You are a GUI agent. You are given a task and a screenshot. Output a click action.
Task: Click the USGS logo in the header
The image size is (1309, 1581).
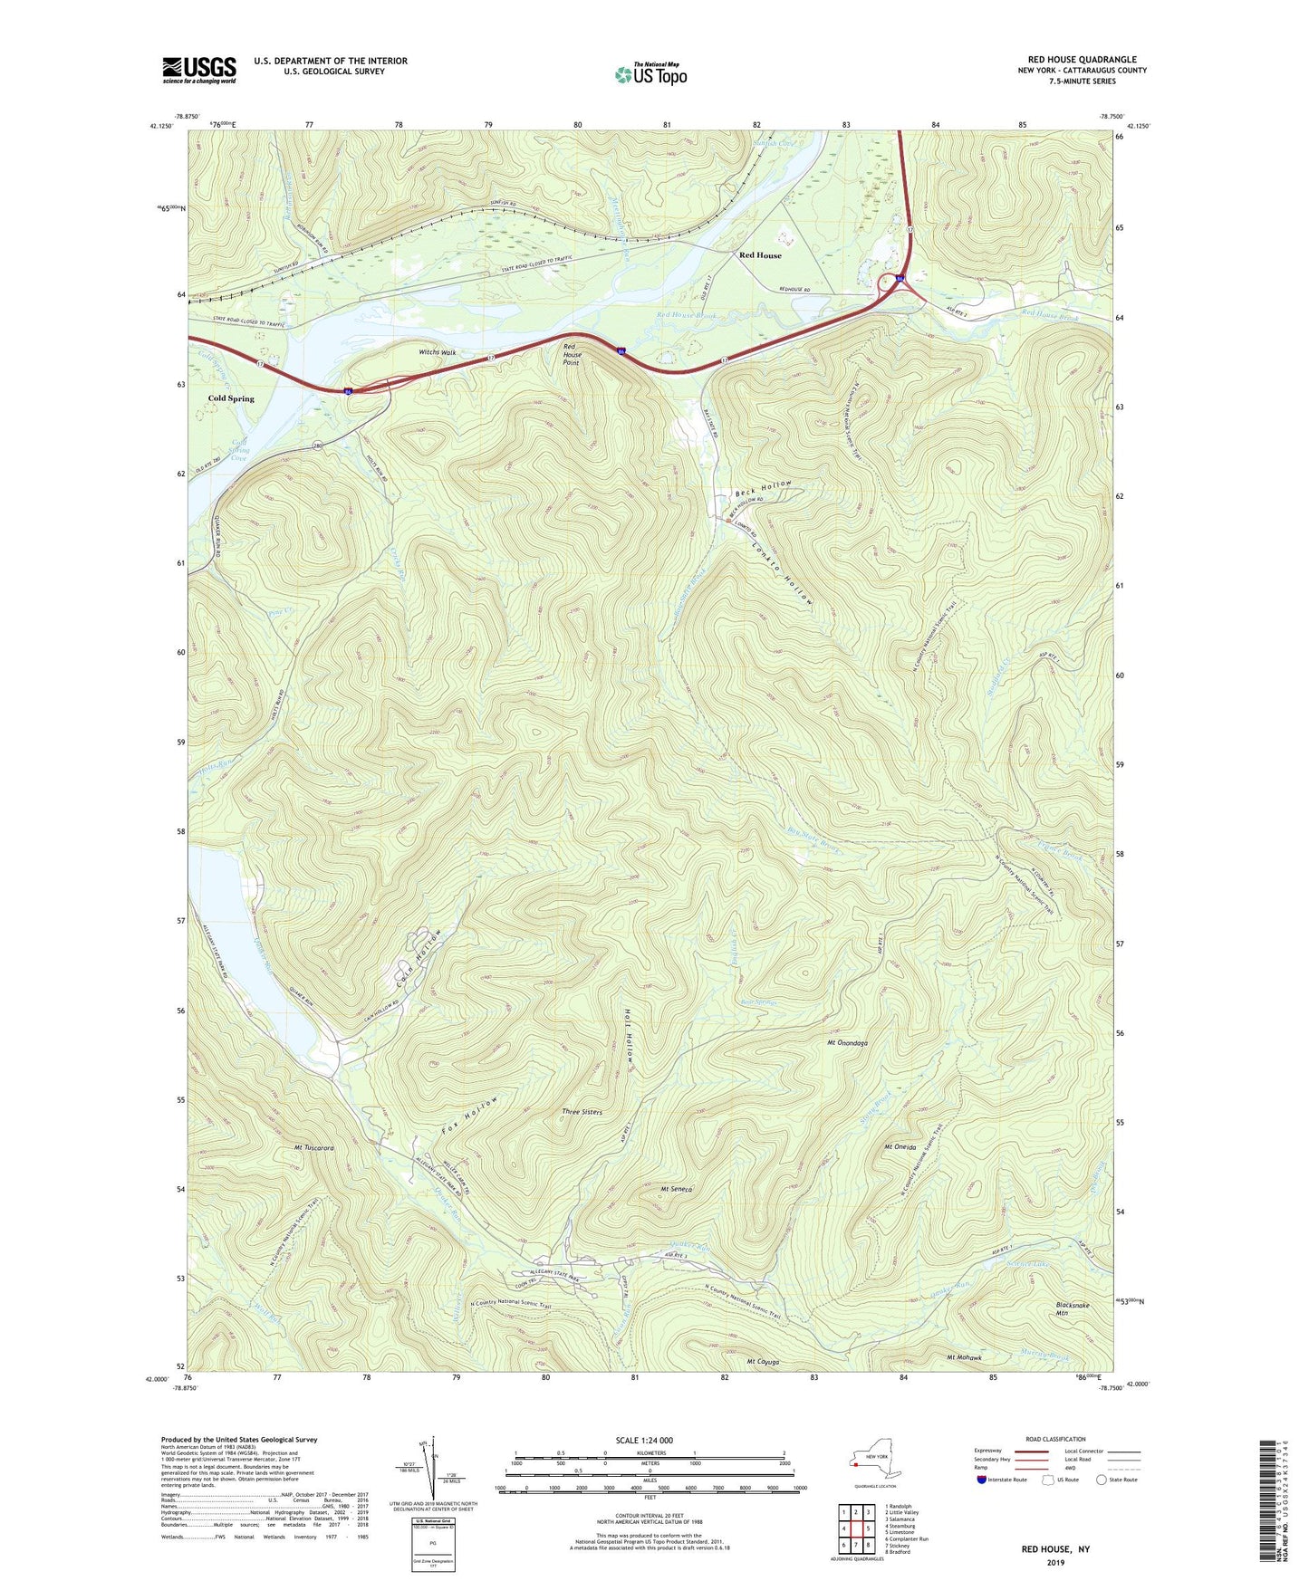pos(199,70)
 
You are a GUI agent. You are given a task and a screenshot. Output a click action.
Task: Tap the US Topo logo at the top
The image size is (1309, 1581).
pos(650,74)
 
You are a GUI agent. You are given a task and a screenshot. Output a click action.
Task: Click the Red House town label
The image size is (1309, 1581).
pos(759,255)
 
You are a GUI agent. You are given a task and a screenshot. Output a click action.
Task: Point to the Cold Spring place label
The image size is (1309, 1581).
pos(231,398)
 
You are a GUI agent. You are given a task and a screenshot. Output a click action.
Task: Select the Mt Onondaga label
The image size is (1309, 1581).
pos(847,1043)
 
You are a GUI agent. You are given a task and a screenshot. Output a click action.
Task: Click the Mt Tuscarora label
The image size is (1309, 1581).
pos(313,1147)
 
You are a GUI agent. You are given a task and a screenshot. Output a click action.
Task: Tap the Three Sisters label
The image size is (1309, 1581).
pos(582,1112)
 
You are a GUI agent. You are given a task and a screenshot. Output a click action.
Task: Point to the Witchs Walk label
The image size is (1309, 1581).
pos(437,352)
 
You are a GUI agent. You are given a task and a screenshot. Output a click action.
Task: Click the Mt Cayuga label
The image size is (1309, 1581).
pos(762,1362)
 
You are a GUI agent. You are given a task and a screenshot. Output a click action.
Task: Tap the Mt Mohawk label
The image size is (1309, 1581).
pos(964,1357)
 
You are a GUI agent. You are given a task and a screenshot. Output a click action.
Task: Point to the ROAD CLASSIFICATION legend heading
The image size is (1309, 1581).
pos(1056,1439)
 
